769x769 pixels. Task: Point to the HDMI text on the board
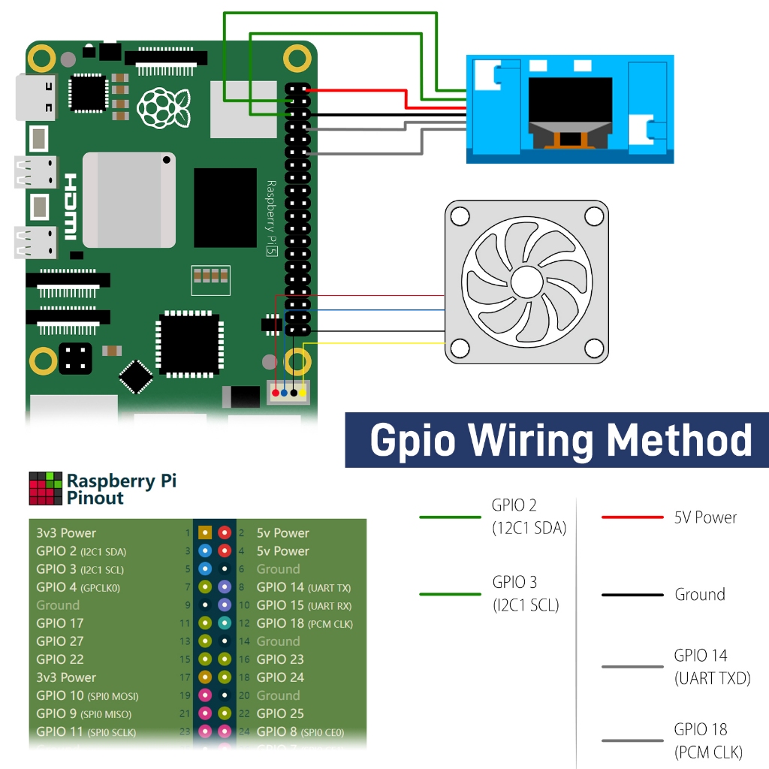pyautogui.click(x=70, y=206)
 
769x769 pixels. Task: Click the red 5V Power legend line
pyautogui.click(x=632, y=517)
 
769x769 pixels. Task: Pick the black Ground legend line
pyautogui.click(x=632, y=595)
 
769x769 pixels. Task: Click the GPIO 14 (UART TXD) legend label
pyautogui.click(x=711, y=667)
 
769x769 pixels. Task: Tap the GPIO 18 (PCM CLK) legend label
pyautogui.click(x=708, y=740)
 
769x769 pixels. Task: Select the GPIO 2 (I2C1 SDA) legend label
pyautogui.click(x=529, y=517)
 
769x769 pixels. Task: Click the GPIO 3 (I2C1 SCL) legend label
pyautogui.click(x=526, y=593)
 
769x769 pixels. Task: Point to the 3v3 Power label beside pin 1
pyautogui.click(x=66, y=533)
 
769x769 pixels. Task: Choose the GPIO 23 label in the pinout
pyautogui.click(x=280, y=659)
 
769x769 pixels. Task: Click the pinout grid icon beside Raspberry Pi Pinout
pyautogui.click(x=45, y=488)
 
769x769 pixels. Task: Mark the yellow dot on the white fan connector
pyautogui.click(x=303, y=393)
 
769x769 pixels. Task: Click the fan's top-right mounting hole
pyautogui.click(x=594, y=216)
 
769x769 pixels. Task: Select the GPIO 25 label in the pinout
pyautogui.click(x=280, y=713)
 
